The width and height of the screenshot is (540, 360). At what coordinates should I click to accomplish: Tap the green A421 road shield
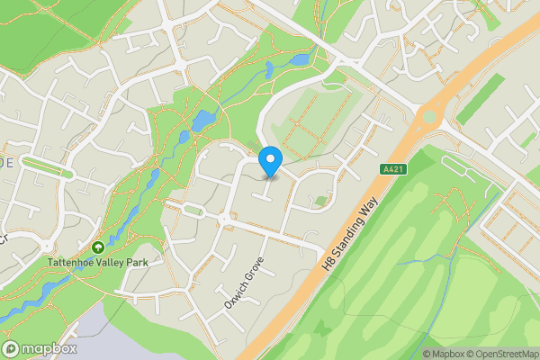[390, 168]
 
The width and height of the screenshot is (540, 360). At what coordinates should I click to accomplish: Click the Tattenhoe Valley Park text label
[99, 263]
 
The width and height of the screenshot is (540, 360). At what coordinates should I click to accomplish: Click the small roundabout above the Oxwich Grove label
[222, 219]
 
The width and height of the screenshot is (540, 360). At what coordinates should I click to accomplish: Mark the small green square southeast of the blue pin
[321, 202]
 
